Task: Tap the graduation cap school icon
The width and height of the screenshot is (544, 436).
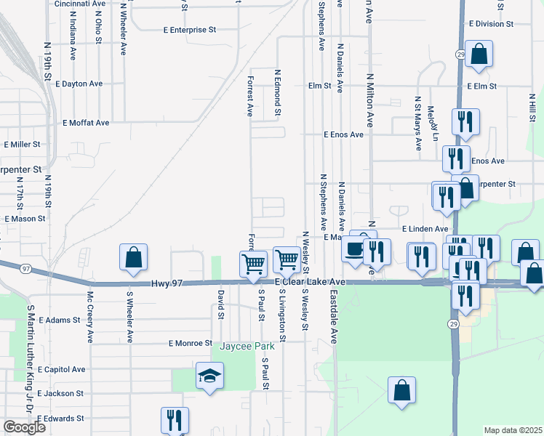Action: pyautogui.click(x=209, y=376)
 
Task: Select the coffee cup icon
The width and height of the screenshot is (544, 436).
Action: pyautogui.click(x=353, y=249)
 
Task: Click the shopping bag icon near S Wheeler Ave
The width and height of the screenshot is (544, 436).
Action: pyautogui.click(x=134, y=257)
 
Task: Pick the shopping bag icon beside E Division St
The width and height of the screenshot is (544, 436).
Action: pyautogui.click(x=479, y=54)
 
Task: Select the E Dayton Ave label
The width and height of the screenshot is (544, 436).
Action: pyautogui.click(x=82, y=84)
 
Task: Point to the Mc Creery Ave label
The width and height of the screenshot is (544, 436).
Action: pyautogui.click(x=90, y=317)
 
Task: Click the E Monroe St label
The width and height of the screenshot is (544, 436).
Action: pyautogui.click(x=190, y=343)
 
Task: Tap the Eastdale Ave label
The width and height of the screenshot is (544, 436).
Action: pyautogui.click(x=335, y=318)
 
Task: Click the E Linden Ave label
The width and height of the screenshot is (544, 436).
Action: pyautogui.click(x=425, y=229)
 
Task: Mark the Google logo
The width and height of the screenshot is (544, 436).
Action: pyautogui.click(x=25, y=427)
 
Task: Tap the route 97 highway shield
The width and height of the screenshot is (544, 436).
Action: pyautogui.click(x=26, y=269)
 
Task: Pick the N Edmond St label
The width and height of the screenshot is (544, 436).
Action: pyautogui.click(x=277, y=92)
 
